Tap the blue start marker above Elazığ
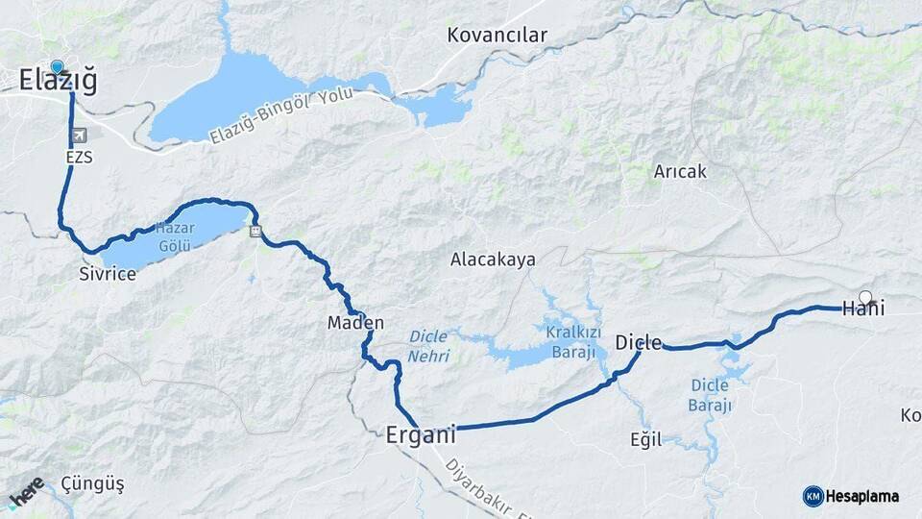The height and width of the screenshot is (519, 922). [x=58, y=67]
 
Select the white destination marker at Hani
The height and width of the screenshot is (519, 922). [x=865, y=298]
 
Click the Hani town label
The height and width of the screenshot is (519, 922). [x=862, y=309]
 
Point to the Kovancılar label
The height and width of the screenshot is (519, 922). [x=497, y=36]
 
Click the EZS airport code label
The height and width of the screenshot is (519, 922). [x=80, y=157]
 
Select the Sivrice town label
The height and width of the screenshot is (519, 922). [x=108, y=274]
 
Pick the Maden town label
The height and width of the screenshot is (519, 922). [x=355, y=323]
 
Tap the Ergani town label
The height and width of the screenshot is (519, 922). [x=420, y=434]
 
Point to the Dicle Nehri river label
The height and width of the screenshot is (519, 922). [x=429, y=346]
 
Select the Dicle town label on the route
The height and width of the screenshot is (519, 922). [x=639, y=343]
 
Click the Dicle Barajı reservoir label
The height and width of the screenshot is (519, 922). [x=710, y=396]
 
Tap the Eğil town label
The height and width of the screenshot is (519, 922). [x=646, y=439]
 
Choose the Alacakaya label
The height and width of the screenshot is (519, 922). [x=493, y=259]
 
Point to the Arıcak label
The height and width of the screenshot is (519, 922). [x=680, y=172]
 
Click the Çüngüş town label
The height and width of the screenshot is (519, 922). [x=92, y=482]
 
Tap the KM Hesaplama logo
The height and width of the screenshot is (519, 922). [x=851, y=496]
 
